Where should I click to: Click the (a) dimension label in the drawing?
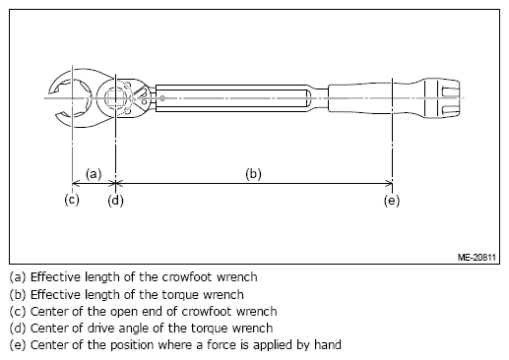(94, 174)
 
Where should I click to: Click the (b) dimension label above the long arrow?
(253, 174)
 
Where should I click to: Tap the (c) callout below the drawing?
(72, 200)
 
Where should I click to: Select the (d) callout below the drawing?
(115, 201)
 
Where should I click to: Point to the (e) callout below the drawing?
(392, 201)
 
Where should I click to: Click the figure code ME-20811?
(477, 258)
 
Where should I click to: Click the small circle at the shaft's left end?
(162, 98)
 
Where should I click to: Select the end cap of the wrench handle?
(441, 98)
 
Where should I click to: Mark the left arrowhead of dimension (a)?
(76, 183)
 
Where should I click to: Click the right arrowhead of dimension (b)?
(388, 183)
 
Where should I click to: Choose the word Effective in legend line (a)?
(55, 277)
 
